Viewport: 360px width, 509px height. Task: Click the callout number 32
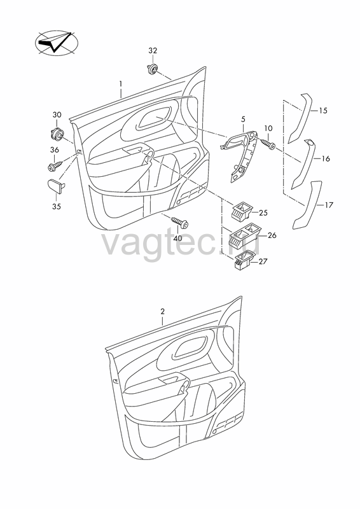pos(153,51)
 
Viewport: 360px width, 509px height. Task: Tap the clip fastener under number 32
pos(153,69)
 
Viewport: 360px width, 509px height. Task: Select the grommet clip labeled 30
pos(58,134)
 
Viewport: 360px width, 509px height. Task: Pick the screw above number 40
pos(180,222)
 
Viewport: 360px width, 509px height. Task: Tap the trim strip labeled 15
pos(300,119)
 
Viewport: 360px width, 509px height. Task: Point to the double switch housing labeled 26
pos(244,234)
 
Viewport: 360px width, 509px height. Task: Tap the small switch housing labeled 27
pos(244,260)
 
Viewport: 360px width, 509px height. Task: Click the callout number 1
pos(121,84)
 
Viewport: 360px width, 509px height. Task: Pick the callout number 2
pos(162,312)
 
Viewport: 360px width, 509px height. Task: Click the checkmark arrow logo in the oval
pos(57,42)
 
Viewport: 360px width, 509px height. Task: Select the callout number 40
pos(177,238)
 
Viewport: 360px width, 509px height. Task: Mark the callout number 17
pos(329,205)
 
